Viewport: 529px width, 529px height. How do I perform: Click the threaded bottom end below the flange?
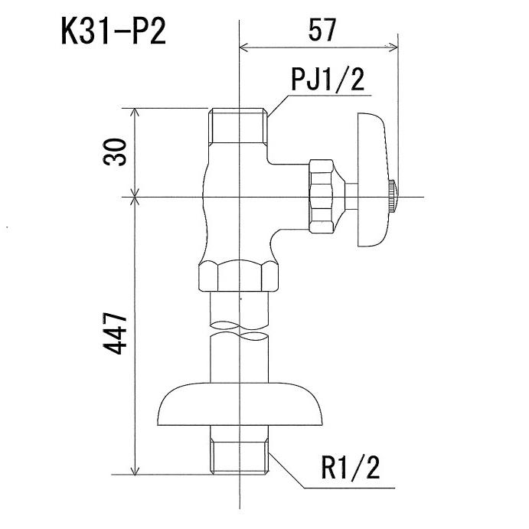240,453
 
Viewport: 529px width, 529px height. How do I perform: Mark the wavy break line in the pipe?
240,333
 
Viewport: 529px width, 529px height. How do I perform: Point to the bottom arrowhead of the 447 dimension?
136,472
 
